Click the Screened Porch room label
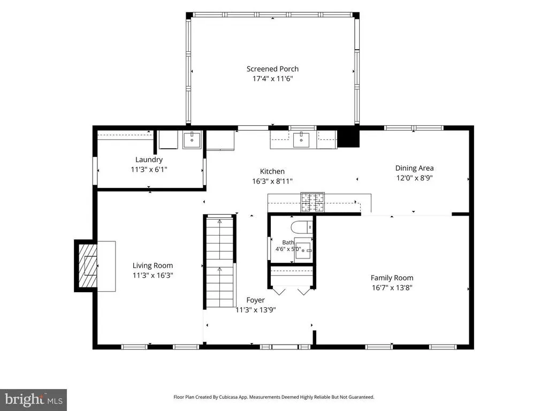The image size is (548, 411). click(272, 69)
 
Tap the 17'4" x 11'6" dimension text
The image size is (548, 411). click(272, 79)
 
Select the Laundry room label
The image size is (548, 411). click(149, 159)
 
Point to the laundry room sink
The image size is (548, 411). click(192, 140)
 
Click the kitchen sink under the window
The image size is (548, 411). click(301, 140)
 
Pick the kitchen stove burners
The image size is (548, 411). click(313, 202)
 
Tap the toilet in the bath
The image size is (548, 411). click(302, 227)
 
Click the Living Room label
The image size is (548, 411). click(153, 265)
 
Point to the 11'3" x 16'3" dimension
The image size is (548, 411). click(153, 276)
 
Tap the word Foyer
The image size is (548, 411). click(255, 300)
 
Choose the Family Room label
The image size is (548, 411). click(392, 278)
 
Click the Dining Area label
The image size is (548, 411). click(415, 168)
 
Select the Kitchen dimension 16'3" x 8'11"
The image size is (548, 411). click(272, 181)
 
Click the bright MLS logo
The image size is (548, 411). click(33, 400)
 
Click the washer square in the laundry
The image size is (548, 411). click(169, 140)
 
